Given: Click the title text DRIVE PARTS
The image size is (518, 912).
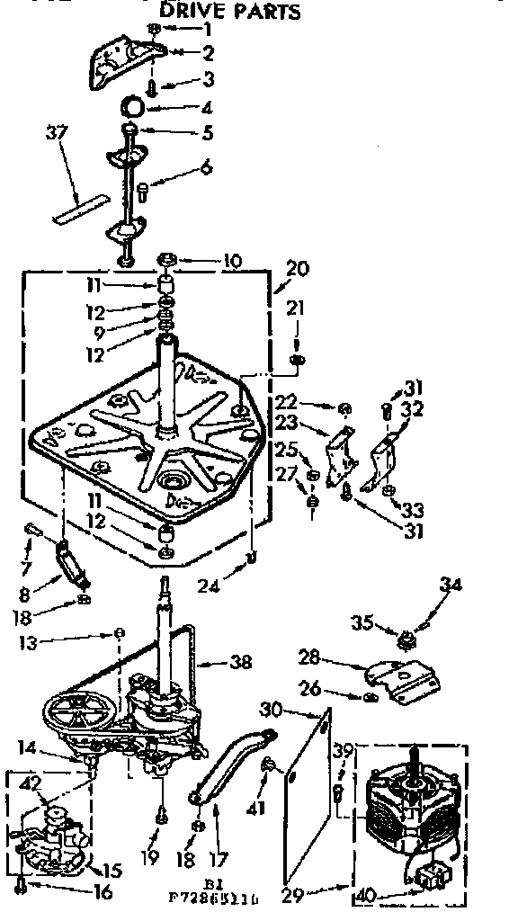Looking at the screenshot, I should pyautogui.click(x=229, y=12).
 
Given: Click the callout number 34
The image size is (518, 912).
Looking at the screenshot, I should pyautogui.click(x=451, y=586).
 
